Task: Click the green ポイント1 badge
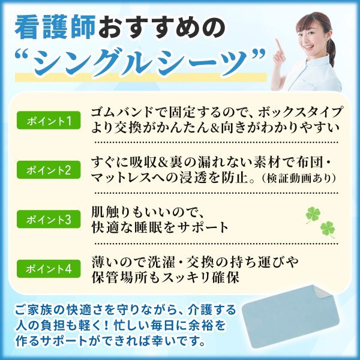[49, 121]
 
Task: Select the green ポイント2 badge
[49, 170]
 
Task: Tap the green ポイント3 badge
[49, 219]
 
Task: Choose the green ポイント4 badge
[49, 269]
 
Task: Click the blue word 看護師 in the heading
[55, 28]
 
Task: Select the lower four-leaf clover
[328, 229]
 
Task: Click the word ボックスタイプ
[301, 112]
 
